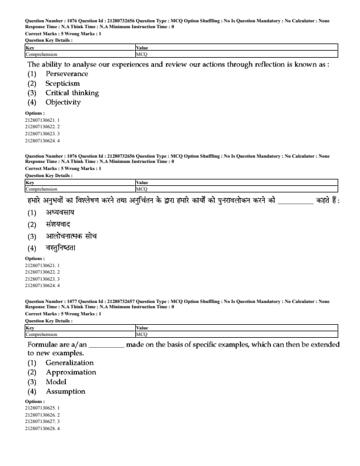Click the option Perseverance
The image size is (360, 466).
click(67, 74)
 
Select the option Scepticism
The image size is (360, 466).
click(62, 83)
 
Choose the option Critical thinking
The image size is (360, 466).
click(72, 92)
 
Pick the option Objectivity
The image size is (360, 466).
click(63, 102)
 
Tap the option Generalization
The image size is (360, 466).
click(69, 362)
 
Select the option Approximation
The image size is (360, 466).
click(71, 372)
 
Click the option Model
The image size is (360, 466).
click(56, 381)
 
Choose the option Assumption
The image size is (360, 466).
click(65, 391)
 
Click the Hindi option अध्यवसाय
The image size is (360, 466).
click(60, 212)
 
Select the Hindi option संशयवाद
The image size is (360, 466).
click(58, 224)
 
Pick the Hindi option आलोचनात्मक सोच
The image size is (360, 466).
click(71, 236)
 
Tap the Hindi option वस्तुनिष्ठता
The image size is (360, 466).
click(61, 248)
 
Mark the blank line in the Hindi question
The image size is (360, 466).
click(295, 202)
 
